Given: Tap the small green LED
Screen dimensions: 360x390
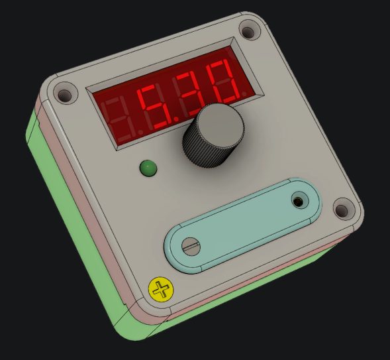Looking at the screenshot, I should pyautogui.click(x=148, y=168).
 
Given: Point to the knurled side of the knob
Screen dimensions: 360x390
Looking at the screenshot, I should pyautogui.click(x=205, y=152).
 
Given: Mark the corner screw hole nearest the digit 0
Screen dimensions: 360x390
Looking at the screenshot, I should pyautogui.click(x=249, y=31).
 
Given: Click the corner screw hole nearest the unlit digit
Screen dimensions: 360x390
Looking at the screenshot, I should pyautogui.click(x=65, y=94).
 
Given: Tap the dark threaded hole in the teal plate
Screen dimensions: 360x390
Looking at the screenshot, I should pyautogui.click(x=299, y=200).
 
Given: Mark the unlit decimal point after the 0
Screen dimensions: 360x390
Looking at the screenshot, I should pyautogui.click(x=244, y=95).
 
